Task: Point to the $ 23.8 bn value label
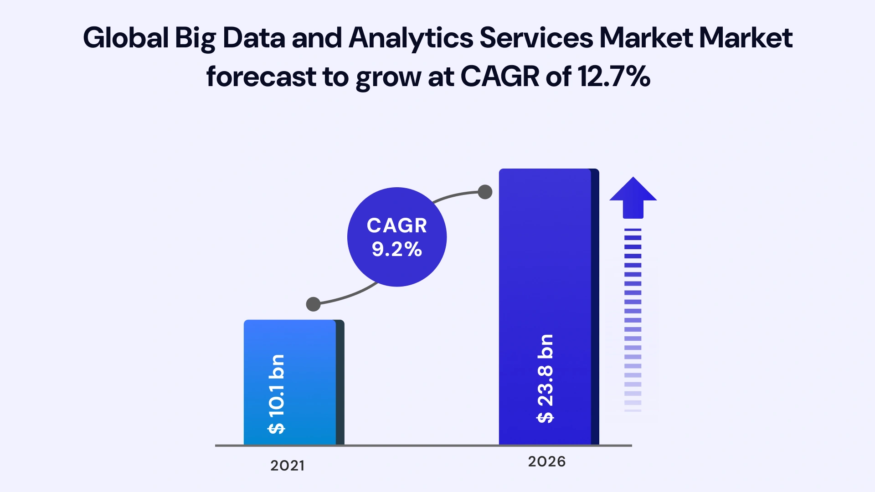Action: pos(545,379)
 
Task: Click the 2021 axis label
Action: pos(287,466)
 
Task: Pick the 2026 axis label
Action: pos(546,461)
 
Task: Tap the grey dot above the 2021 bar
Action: pos(313,304)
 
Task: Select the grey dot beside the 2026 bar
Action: pos(485,192)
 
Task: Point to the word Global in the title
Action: pos(126,37)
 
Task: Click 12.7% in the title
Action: pos(614,77)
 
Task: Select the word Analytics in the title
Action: pos(411,37)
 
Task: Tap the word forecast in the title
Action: pos(261,77)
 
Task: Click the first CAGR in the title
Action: pos(500,77)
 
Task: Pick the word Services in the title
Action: pos(536,37)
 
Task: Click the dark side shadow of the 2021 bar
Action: pos(340,383)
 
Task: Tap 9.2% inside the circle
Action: pos(397,249)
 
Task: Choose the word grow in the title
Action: pos(388,77)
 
